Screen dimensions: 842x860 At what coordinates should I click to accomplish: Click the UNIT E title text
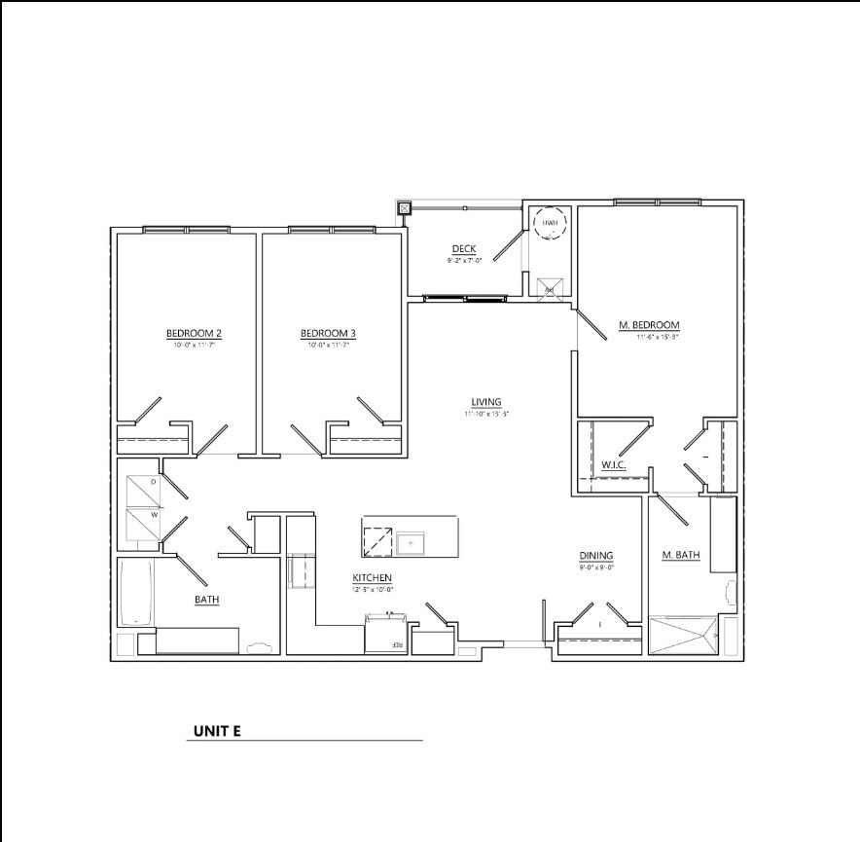click(216, 731)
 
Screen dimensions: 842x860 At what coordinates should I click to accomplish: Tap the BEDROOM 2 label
click(194, 334)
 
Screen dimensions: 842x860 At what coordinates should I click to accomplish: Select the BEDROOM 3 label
click(328, 334)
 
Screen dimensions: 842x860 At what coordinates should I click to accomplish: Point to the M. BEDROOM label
click(649, 325)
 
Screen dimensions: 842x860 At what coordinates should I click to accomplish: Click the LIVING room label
click(486, 402)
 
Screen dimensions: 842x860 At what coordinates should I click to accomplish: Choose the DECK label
click(463, 249)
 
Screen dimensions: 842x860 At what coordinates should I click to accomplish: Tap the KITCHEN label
click(372, 578)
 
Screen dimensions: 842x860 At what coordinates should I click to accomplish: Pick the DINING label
click(596, 556)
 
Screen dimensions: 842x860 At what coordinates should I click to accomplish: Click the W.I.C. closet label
click(613, 465)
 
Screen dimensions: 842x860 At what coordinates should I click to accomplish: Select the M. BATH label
click(682, 556)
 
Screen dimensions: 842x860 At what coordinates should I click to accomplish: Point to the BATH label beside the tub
click(206, 600)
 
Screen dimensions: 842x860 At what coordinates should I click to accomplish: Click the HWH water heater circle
click(551, 224)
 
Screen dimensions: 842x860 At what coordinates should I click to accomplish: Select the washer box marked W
click(141, 524)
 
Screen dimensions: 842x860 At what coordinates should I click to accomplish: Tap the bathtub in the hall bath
click(135, 593)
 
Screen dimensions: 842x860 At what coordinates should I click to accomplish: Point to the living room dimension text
click(486, 414)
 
